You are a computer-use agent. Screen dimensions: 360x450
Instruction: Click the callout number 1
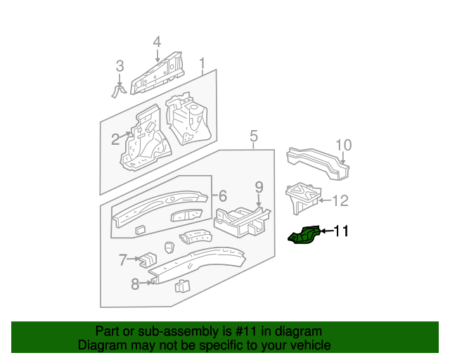(x=202, y=65)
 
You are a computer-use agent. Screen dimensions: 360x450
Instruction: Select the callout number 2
(x=115, y=139)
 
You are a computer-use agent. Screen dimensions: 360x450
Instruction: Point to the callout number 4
(x=157, y=41)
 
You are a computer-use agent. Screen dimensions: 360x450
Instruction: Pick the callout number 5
(x=254, y=136)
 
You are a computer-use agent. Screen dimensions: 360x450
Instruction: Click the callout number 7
(x=123, y=260)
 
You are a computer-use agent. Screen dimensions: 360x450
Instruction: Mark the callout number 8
(x=135, y=284)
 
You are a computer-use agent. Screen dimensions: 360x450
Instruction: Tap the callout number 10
(x=342, y=146)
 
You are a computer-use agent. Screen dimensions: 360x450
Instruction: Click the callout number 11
(x=340, y=231)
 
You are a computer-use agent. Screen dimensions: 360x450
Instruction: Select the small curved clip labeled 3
(x=119, y=91)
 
